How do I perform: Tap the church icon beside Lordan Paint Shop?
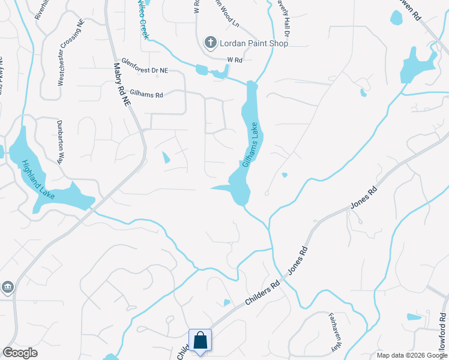[210, 42]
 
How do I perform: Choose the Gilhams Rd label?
[143, 95]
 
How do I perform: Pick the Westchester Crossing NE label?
[61, 60]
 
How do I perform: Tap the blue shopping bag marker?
[200, 340]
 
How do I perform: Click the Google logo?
[20, 353]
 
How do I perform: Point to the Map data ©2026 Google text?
[412, 355]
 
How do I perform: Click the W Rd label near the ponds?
[234, 60]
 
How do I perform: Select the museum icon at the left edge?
[7, 287]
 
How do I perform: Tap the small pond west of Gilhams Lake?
[166, 158]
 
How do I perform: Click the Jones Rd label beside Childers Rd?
[297, 260]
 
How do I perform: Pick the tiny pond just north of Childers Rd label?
[226, 302]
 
